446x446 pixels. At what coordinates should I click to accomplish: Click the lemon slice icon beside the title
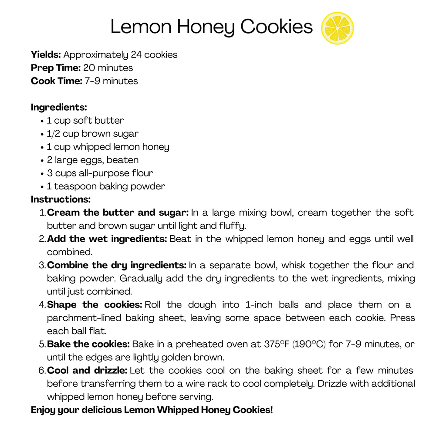click(337, 28)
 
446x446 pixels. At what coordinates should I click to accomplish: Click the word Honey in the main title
click(206, 27)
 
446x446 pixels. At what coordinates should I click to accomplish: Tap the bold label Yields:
click(46, 55)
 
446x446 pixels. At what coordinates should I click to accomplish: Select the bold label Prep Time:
click(56, 68)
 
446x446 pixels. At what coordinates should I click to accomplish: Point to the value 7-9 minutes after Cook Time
click(111, 81)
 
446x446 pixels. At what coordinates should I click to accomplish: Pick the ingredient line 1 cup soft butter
click(85, 121)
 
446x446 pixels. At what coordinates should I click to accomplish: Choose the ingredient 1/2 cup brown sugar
click(93, 134)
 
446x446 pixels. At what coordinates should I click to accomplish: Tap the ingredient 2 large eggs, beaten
click(93, 160)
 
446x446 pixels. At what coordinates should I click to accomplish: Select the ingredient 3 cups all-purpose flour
click(100, 173)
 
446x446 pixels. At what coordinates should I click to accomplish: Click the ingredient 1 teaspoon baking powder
click(106, 186)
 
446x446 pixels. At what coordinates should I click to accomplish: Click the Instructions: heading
click(61, 199)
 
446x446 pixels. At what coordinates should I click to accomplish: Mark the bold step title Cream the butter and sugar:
click(118, 213)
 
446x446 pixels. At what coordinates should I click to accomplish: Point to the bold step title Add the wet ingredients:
click(107, 239)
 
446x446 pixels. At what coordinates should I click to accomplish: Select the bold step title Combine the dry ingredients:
click(117, 265)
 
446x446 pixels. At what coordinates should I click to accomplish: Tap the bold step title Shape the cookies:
click(95, 305)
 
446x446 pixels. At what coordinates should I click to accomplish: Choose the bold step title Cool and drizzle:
click(87, 371)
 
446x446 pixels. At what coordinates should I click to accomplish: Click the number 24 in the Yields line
click(136, 55)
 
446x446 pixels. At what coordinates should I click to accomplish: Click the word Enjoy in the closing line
click(42, 410)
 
